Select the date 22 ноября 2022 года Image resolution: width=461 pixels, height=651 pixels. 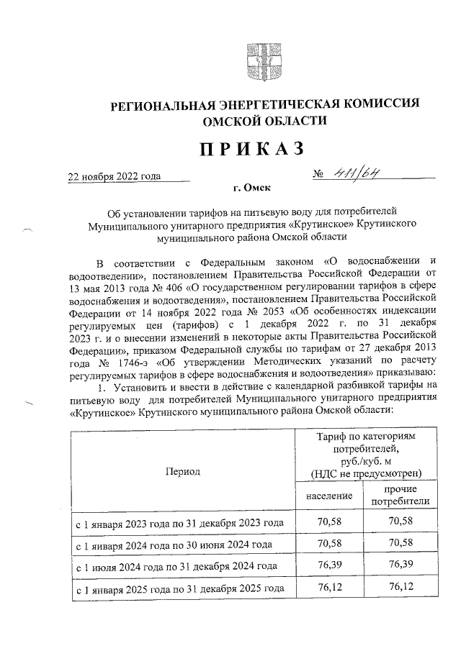coord(114,176)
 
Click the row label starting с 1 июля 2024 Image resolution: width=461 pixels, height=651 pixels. coord(176,566)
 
